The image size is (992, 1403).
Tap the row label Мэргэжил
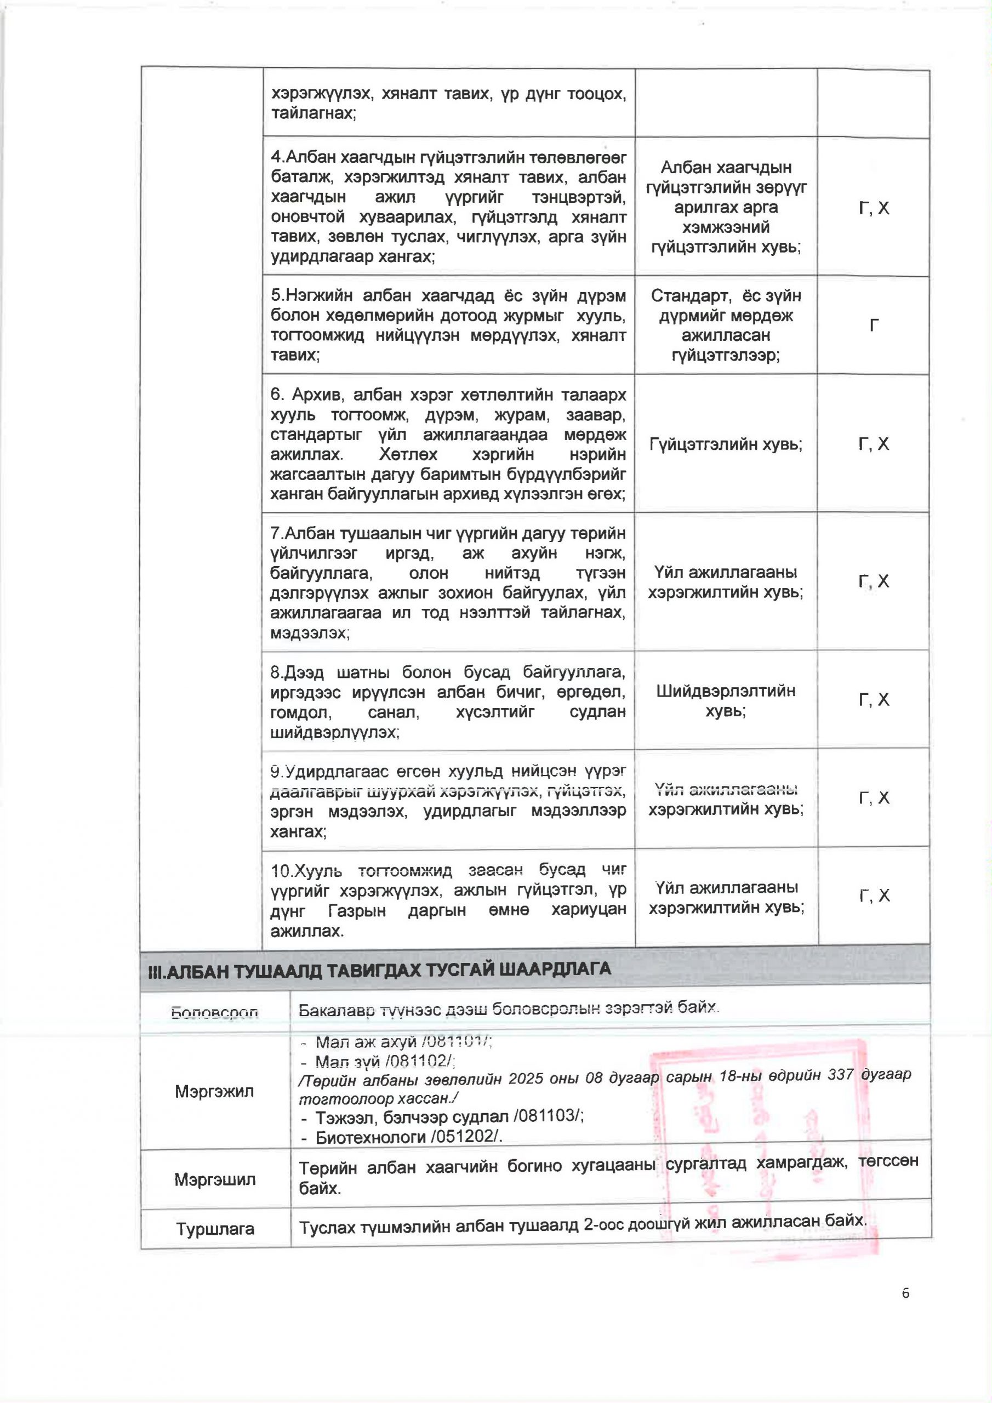point(214,1091)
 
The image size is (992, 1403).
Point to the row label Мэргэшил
point(214,1179)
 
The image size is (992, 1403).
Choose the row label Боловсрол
point(214,1013)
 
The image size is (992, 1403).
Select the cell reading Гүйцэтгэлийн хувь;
point(726,444)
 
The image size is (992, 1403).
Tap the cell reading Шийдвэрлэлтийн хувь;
point(726,701)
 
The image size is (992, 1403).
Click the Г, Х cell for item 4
point(874,208)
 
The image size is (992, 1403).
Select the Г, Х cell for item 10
point(874,896)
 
